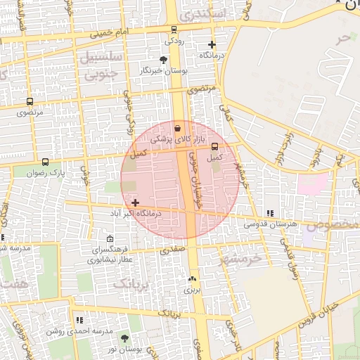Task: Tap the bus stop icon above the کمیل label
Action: coord(214,147)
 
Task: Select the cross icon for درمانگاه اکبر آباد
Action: coord(135,202)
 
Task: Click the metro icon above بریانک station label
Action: coord(192,278)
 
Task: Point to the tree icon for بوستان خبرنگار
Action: coord(164,60)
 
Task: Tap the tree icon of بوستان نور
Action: coord(125,338)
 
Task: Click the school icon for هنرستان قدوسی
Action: coord(270,214)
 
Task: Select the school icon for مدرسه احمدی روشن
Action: coord(79,320)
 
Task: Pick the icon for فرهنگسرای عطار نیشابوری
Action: coord(108,238)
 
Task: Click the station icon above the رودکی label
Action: coord(174,30)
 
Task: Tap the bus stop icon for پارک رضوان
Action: coord(46,162)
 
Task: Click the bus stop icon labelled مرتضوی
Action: coord(30,102)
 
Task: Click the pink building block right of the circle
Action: coord(311,184)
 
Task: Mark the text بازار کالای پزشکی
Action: coord(161,140)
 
